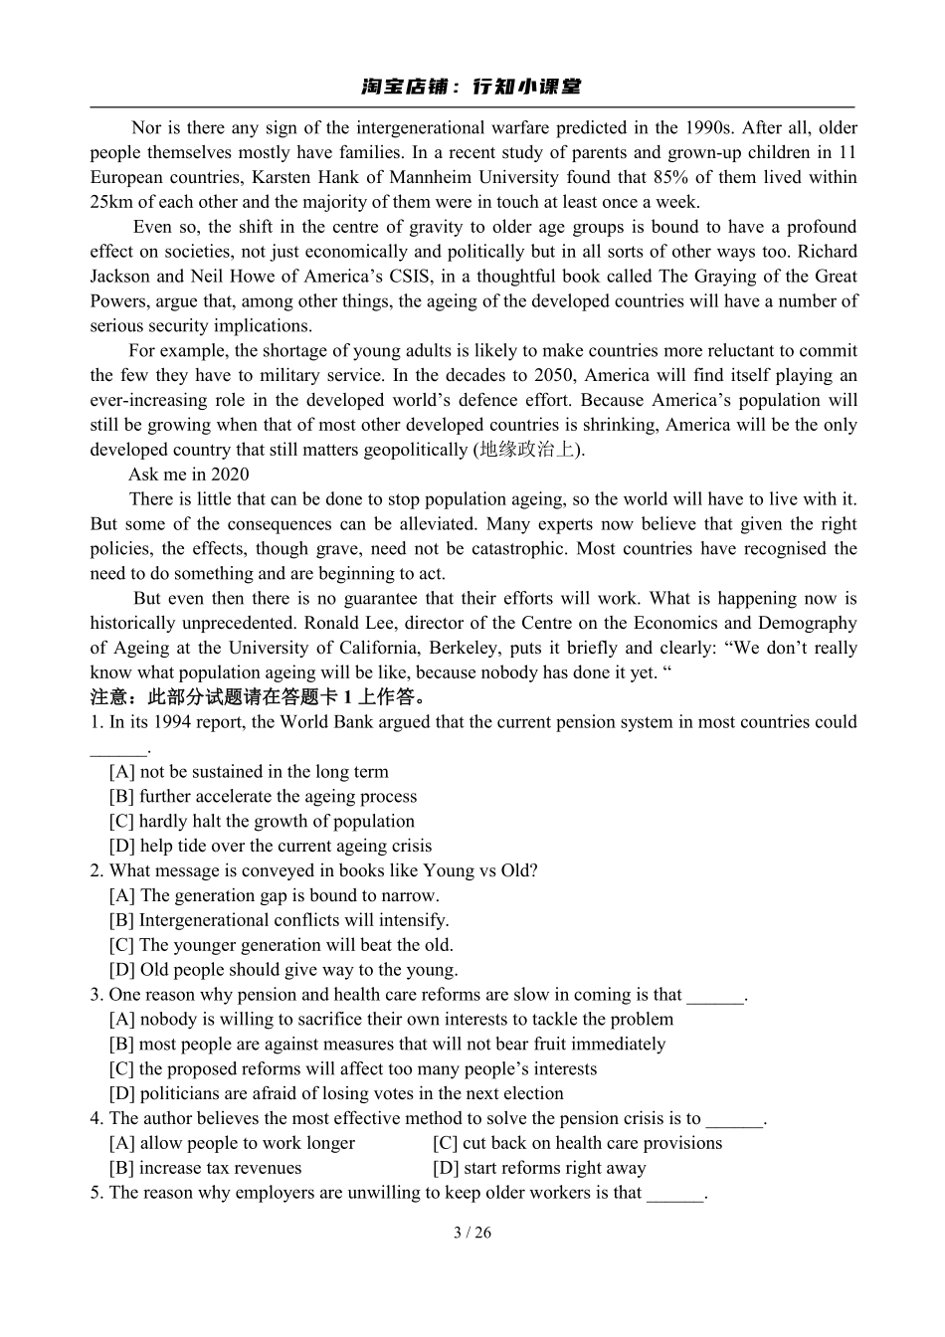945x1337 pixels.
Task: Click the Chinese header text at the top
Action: pyautogui.click(x=472, y=87)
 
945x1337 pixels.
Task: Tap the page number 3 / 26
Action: pyautogui.click(x=472, y=1233)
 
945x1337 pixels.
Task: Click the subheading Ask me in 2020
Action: pyautogui.click(x=189, y=475)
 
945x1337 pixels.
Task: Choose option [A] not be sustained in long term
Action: pyautogui.click(x=249, y=772)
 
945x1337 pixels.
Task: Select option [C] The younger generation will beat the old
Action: pyautogui.click(x=281, y=945)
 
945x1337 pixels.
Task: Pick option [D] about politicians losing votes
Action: pyautogui.click(x=336, y=1093)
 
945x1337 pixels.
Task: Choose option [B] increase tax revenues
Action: pyautogui.click(x=205, y=1168)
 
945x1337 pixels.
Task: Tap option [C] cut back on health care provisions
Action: pyautogui.click(x=577, y=1143)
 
